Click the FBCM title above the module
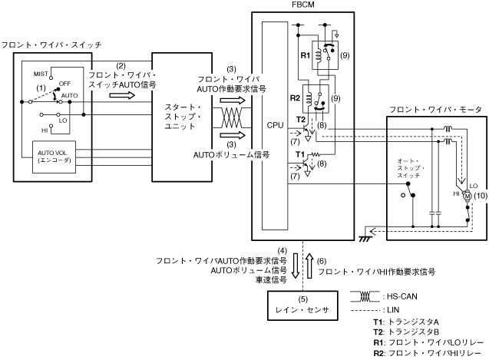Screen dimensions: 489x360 point(302,5)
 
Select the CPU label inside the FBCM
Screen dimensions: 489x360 point(275,125)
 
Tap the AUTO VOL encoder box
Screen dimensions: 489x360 point(55,157)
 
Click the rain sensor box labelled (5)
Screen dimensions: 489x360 point(302,306)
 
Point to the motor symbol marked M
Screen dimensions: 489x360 point(468,197)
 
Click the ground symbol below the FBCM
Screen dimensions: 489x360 point(365,239)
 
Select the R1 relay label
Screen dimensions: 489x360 point(305,55)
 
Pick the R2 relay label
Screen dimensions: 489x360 point(295,98)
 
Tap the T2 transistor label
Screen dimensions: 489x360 point(301,119)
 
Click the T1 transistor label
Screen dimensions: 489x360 point(300,154)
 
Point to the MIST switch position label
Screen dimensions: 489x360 point(41,74)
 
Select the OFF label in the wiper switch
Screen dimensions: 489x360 point(64,84)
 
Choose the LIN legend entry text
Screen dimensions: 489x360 point(393,310)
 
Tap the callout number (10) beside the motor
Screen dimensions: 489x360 point(481,196)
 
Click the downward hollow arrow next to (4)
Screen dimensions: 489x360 point(295,266)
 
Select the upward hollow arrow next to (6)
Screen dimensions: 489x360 point(309,266)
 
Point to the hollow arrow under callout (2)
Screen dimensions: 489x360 point(122,95)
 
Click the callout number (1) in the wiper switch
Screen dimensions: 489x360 point(41,88)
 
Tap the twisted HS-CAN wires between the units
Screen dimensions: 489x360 point(232,117)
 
